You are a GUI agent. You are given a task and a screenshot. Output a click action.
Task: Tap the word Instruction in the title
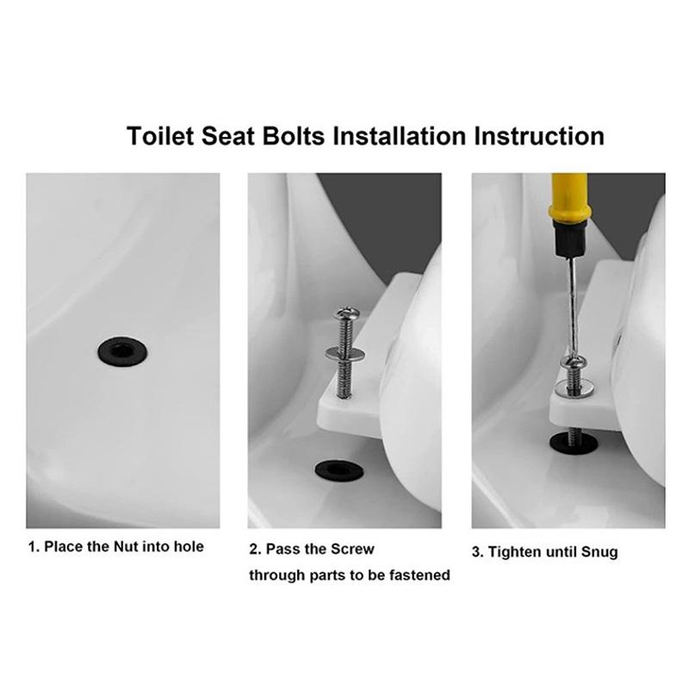[539, 136]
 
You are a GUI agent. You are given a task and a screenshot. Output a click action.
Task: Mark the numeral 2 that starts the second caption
[253, 549]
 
